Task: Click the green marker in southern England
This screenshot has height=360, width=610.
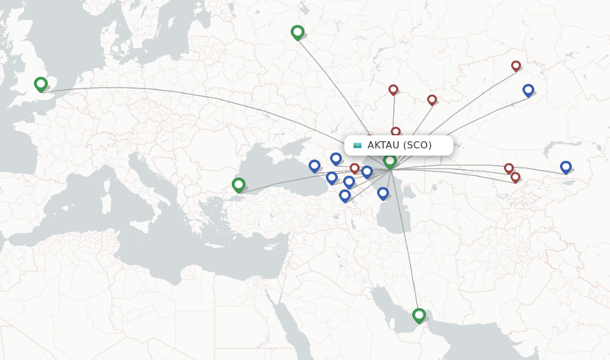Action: [41, 84]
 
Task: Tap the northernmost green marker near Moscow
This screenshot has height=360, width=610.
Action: [297, 32]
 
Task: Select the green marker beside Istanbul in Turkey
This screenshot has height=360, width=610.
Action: [238, 185]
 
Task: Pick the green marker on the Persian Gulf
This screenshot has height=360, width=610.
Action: [419, 315]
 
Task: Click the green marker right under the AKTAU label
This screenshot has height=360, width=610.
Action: [390, 161]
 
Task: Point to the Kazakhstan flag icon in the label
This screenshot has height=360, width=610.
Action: [357, 145]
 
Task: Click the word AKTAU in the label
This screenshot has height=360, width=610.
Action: [383, 145]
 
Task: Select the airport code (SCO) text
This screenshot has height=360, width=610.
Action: [418, 145]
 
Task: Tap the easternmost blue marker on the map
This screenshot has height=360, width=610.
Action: [565, 167]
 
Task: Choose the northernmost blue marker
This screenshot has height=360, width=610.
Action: [528, 90]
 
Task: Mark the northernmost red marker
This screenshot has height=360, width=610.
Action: [516, 66]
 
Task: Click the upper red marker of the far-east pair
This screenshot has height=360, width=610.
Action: [509, 168]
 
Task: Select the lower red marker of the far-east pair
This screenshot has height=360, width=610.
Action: [515, 177]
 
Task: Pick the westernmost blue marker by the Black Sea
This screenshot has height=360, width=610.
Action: [315, 166]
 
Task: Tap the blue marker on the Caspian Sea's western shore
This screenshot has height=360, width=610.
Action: [382, 193]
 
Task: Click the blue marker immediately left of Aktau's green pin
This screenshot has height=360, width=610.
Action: [367, 172]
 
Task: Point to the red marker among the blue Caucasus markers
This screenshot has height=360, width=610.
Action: [354, 168]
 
